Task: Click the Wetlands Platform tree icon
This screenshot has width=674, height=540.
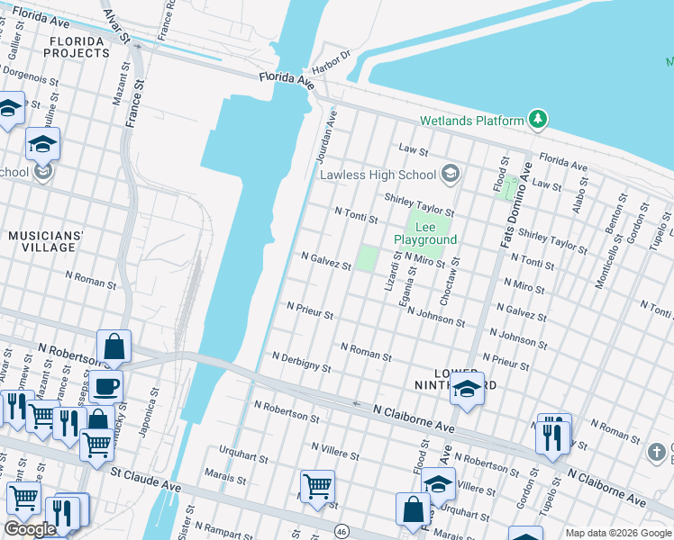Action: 538,120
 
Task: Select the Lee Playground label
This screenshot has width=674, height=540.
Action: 425,233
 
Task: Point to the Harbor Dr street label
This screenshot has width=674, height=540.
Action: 330,64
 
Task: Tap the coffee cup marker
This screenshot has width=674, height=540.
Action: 105,386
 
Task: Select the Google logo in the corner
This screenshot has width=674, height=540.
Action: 30,529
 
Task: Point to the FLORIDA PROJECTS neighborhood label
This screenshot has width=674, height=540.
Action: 79,47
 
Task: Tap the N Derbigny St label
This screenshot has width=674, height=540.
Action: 301,363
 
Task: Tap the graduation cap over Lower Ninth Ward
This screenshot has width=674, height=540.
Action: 467,388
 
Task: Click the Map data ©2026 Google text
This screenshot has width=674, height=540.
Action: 616,533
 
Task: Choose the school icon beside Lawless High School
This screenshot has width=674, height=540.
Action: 451,174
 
